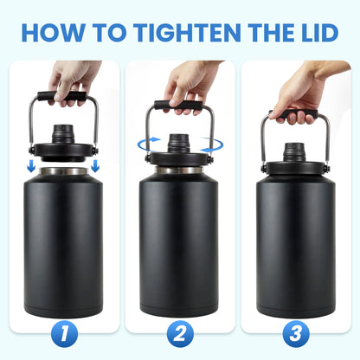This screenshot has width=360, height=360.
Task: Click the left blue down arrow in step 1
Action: click(31, 164)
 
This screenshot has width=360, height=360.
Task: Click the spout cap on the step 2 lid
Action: click(179, 140)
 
